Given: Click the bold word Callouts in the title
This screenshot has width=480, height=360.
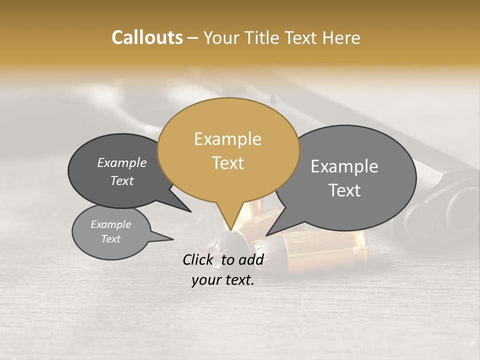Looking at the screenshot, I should (147, 37).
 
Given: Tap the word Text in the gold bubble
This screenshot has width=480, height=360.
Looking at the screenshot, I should (228, 163).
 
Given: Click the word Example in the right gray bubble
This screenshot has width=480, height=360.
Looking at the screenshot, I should (344, 166).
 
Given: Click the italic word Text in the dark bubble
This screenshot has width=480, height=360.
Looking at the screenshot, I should (122, 180).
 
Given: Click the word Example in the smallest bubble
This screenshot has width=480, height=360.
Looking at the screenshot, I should (111, 224).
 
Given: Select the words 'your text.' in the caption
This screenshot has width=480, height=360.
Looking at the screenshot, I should (223, 280).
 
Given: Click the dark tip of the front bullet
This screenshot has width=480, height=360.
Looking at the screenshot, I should (220, 245).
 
